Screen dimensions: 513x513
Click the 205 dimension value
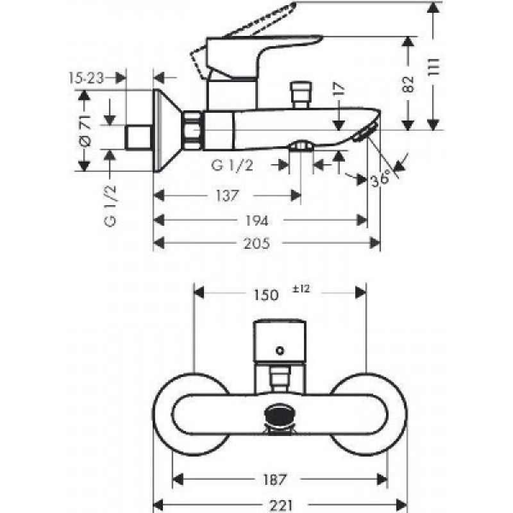(x=257, y=244)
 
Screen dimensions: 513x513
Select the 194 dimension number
(x=257, y=221)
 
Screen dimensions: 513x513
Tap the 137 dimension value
(x=228, y=196)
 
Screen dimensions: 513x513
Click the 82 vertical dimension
(x=408, y=84)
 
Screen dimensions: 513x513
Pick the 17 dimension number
(x=339, y=89)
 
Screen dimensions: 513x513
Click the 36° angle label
(x=380, y=178)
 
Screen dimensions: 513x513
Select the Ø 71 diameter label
(x=85, y=130)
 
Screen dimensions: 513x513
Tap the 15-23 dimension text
(x=86, y=78)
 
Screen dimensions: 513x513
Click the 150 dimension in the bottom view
(x=266, y=295)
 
